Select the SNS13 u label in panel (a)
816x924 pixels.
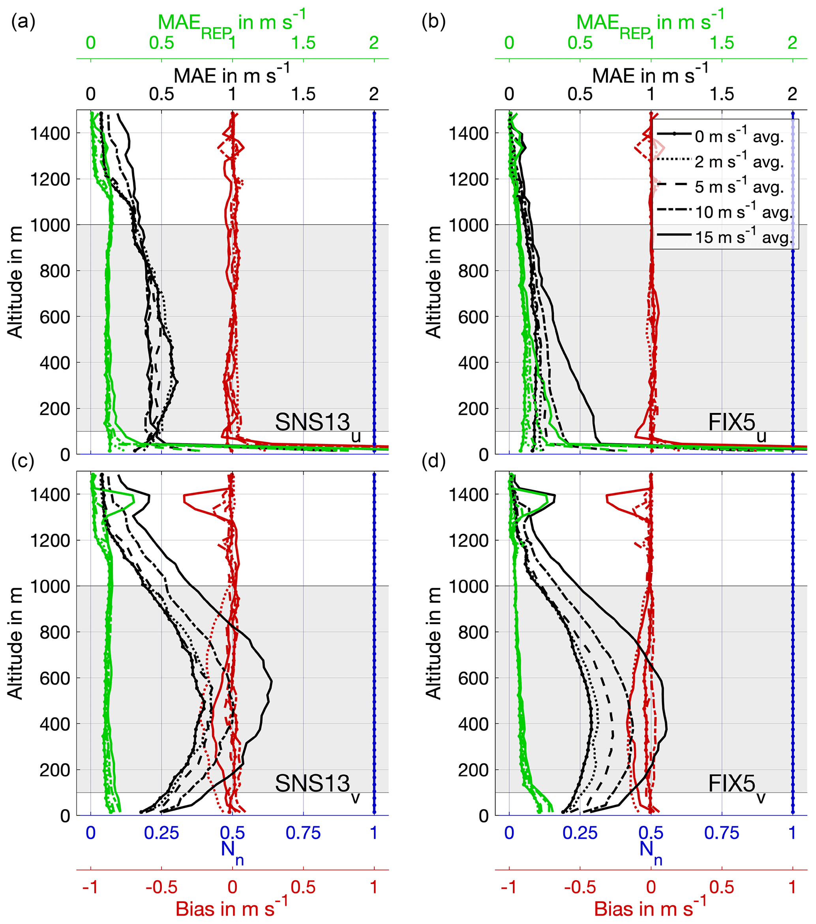(x=317, y=424)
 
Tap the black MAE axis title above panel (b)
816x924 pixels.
(x=650, y=75)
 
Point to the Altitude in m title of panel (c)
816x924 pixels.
(x=15, y=644)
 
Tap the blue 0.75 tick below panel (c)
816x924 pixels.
(x=303, y=833)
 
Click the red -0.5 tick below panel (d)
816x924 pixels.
(x=580, y=887)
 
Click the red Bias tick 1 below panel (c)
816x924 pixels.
(x=373, y=887)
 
